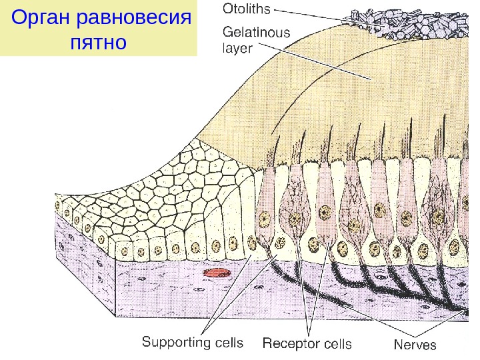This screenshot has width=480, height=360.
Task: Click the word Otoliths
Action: pyautogui.click(x=246, y=10)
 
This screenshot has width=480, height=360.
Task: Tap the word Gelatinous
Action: pyautogui.click(x=256, y=31)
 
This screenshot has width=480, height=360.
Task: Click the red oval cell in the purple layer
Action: pyautogui.click(x=215, y=273)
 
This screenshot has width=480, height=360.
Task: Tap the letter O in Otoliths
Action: pyautogui.click(x=227, y=10)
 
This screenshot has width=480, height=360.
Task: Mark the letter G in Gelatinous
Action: pyautogui.click(x=227, y=31)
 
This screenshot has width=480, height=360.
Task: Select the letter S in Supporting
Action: pyautogui.click(x=147, y=343)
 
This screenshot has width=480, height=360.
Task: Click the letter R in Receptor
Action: pyautogui.click(x=267, y=343)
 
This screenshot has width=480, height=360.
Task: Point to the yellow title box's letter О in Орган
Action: pyautogui.click(x=21, y=17)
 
